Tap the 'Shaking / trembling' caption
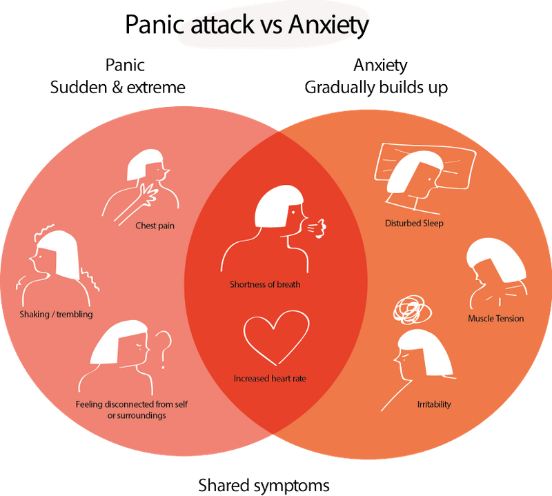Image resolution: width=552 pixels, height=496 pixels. pos(57,315)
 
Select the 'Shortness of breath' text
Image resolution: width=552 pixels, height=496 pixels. pos(265,284)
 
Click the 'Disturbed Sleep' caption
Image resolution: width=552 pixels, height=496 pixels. pos(414,224)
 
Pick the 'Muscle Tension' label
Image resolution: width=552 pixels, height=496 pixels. pos(495,319)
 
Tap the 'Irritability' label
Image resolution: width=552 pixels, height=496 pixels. pos(434,404)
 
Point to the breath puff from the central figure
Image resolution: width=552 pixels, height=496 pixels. pos(318,228)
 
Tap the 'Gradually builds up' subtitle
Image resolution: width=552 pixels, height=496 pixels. pos(376,88)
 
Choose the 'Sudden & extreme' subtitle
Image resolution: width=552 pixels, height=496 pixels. pos(115,88)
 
